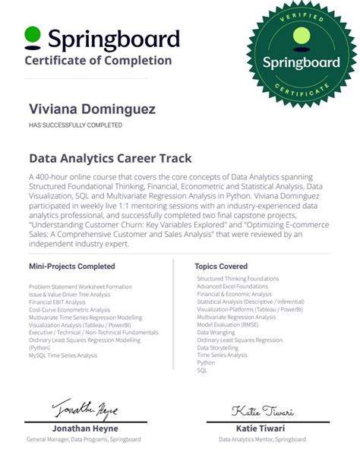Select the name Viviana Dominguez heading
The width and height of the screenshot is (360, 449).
click(x=92, y=110)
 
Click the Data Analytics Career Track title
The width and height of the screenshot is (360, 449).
click(x=110, y=159)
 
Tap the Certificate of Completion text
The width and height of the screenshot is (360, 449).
click(x=98, y=61)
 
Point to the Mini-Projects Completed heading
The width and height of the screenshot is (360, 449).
click(x=72, y=267)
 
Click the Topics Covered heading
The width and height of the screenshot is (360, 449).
click(x=222, y=267)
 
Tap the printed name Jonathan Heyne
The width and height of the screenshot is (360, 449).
click(x=73, y=428)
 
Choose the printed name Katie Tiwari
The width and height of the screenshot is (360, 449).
click(x=263, y=428)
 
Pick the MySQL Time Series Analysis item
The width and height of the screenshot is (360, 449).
click(x=63, y=356)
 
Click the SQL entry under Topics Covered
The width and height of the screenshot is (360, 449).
click(x=202, y=370)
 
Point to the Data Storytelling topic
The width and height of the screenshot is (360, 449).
click(x=219, y=347)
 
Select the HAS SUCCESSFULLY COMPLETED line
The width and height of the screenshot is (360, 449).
click(x=75, y=125)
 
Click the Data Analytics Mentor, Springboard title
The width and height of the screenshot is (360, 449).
click(x=263, y=439)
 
